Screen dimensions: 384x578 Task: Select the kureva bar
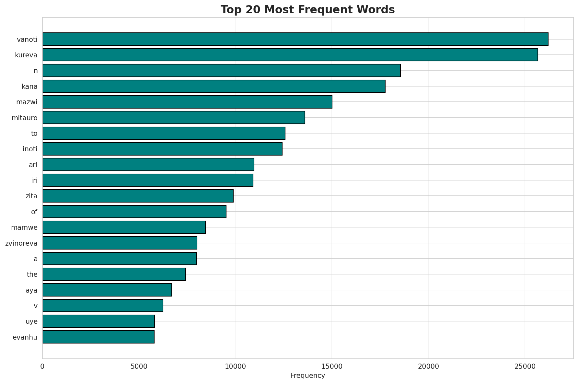click(290, 55)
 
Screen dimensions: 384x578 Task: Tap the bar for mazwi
click(187, 102)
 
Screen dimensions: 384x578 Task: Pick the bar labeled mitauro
click(174, 117)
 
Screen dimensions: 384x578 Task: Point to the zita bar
click(138, 196)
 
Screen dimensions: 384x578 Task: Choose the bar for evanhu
click(98, 337)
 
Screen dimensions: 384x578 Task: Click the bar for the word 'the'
click(114, 274)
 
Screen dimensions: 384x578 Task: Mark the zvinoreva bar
click(120, 243)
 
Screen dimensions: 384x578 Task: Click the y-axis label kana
click(29, 87)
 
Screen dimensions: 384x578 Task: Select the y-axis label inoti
click(30, 149)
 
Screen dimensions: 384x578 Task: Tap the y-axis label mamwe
click(24, 227)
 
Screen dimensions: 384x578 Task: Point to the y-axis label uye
click(31, 321)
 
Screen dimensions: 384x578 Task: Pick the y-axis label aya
click(31, 290)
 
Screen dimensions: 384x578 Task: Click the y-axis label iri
click(34, 180)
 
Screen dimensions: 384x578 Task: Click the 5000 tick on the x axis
click(139, 367)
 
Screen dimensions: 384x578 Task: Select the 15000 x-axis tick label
click(331, 367)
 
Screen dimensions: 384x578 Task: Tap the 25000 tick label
click(525, 367)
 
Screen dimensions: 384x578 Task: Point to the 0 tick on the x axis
click(42, 367)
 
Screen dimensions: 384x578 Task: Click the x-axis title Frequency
click(307, 376)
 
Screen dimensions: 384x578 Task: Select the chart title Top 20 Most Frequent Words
click(307, 10)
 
